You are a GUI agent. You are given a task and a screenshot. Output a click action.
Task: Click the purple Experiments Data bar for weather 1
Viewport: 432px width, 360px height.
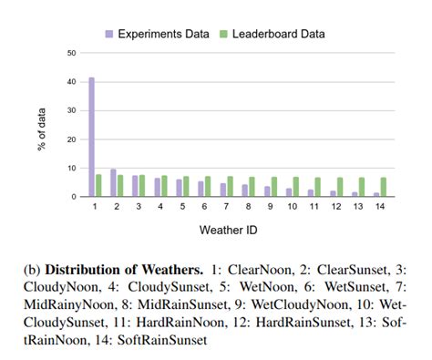click(x=92, y=137)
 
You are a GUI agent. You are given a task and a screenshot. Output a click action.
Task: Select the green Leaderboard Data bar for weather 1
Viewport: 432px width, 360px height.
click(x=99, y=185)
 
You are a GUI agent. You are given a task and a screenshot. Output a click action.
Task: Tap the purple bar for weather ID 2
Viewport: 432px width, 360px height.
click(x=113, y=182)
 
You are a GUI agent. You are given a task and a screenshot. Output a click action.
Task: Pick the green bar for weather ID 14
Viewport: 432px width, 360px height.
click(x=383, y=187)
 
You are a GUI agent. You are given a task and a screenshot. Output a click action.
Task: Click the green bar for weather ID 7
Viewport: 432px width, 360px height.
click(x=230, y=186)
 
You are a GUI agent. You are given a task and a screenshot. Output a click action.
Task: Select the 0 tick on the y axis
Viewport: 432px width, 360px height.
click(x=72, y=197)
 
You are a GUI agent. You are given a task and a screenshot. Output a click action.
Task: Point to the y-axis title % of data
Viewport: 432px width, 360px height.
click(x=42, y=125)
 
